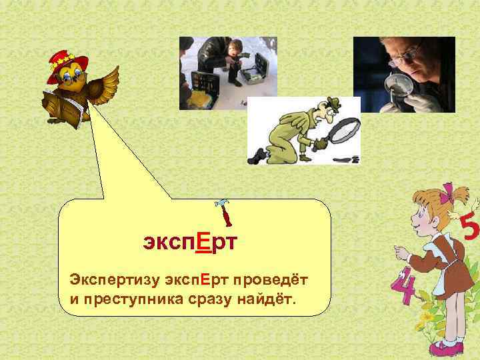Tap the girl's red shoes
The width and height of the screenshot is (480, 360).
click(x=443, y=347)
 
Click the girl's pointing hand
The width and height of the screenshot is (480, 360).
click(x=401, y=253)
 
